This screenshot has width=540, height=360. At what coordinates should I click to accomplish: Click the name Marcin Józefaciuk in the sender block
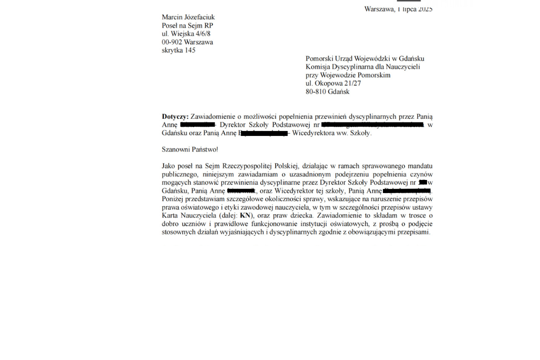coord(188,18)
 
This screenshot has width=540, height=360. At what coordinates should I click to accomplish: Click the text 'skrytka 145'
coord(179,50)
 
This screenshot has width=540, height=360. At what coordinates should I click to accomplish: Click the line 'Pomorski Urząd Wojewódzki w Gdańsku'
coord(364,58)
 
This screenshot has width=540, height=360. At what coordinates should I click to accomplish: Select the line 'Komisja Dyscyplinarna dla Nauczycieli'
coord(363,67)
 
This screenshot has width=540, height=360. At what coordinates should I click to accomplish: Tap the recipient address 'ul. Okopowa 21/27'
coord(333,84)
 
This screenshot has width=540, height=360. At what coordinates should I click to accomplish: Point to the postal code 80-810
coord(315,92)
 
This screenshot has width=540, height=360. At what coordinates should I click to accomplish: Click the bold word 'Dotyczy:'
coord(175,117)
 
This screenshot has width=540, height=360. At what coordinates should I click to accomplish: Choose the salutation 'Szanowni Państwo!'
coord(189,149)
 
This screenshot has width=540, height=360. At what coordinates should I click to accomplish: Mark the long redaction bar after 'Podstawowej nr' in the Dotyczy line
coord(373,125)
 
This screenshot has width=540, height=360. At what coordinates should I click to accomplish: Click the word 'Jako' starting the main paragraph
coord(169,166)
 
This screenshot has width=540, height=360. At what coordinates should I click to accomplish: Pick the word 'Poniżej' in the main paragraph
coord(173,199)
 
